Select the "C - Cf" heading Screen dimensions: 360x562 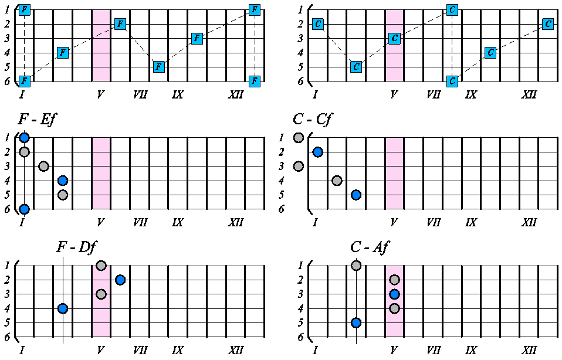tap(313, 121)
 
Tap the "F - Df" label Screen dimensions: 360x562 tap(81, 247)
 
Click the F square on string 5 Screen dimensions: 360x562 tap(159, 67)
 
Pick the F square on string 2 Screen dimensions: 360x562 tap(120, 24)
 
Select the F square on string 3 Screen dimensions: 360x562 tap(198, 38)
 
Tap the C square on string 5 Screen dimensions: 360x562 tap(356, 67)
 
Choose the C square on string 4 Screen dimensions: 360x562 tap(491, 53)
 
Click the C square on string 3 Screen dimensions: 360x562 tap(395, 38)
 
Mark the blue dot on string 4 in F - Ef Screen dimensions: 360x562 tap(63, 181)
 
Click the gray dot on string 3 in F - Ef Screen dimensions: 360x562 tap(43, 167)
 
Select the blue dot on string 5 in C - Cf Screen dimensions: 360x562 tap(356, 195)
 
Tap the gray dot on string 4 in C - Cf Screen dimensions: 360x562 tap(337, 181)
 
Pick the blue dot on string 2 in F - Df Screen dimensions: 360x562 tap(120, 280)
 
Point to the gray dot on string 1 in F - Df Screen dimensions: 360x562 tap(101, 266)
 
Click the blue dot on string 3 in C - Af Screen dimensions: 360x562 tap(395, 294)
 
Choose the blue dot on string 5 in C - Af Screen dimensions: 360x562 tap(356, 322)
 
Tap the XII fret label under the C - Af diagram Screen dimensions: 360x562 tap(529, 351)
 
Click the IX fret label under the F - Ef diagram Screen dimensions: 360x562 tap(178, 223)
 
